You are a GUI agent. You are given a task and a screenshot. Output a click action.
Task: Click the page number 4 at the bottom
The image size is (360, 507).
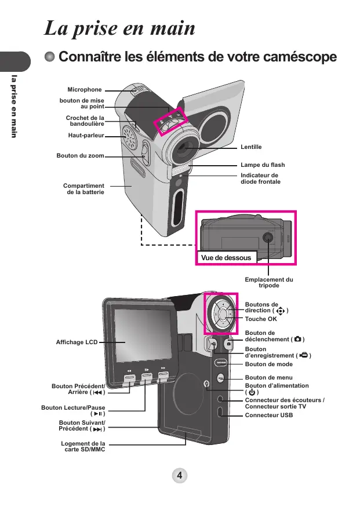(x=180, y=475)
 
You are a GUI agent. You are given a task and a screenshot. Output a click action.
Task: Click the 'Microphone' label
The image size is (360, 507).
(x=85, y=90)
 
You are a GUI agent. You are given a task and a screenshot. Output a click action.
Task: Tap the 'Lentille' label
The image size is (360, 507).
(x=251, y=147)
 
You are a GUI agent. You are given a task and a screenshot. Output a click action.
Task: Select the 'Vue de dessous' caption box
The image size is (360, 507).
(x=227, y=258)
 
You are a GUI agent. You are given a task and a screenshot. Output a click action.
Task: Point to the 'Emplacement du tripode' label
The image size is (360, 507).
(x=269, y=282)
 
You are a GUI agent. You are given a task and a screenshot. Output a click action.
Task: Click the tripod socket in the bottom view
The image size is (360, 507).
(x=268, y=238)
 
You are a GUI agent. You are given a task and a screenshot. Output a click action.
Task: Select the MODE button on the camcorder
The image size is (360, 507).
(x=221, y=363)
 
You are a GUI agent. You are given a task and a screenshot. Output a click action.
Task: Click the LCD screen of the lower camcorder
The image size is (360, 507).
(x=143, y=335)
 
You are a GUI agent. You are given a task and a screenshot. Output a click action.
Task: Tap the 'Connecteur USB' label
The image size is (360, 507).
(x=269, y=415)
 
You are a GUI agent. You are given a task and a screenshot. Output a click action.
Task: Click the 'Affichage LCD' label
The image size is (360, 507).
(x=77, y=342)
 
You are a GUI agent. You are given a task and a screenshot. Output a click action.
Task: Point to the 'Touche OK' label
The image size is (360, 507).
(x=261, y=319)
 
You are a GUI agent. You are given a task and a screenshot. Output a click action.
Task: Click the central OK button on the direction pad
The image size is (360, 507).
(x=223, y=314)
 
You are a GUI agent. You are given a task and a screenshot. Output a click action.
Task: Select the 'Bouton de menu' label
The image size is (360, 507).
(x=269, y=377)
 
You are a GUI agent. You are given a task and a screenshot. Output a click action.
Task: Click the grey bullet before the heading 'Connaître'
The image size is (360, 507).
(x=49, y=57)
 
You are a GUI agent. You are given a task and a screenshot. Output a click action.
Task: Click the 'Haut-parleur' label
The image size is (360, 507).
(x=86, y=135)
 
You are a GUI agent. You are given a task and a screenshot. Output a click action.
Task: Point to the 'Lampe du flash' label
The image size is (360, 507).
(x=263, y=165)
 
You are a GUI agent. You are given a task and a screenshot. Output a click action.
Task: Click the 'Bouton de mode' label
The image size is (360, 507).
(x=269, y=364)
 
